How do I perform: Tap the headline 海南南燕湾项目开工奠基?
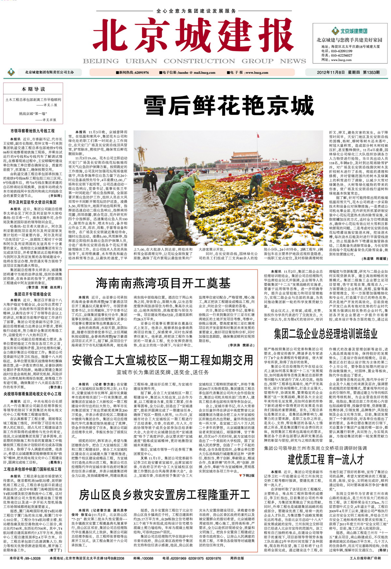[x=163, y=284]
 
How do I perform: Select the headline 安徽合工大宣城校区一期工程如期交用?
[x=162, y=360]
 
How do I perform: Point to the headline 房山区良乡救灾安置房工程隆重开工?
[x=164, y=495]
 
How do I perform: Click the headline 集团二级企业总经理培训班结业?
[x=326, y=334]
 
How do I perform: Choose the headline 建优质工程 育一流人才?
[x=326, y=460]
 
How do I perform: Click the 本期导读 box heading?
[x=33, y=89]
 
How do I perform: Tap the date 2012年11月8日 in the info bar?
[x=331, y=72]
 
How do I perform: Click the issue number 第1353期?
[x=371, y=72]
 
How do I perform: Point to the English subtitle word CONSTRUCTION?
[x=199, y=61]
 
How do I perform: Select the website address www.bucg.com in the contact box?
[x=341, y=60]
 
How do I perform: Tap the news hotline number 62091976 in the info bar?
[x=142, y=73]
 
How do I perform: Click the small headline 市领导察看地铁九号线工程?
[x=33, y=131]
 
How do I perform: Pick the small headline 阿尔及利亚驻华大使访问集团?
[x=33, y=202]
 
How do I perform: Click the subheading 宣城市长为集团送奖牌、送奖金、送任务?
[x=163, y=372]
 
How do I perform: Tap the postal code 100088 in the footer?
[x=148, y=558]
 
